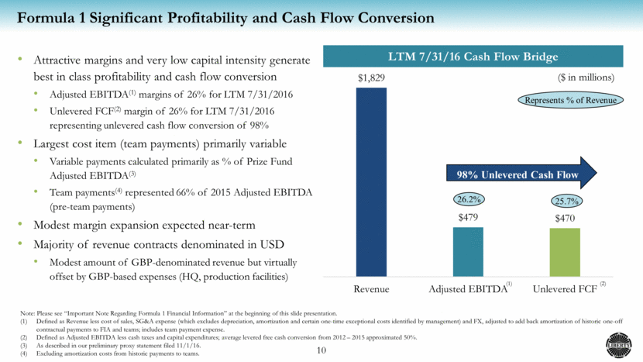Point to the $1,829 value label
(371, 78)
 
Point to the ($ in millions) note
(586, 78)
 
